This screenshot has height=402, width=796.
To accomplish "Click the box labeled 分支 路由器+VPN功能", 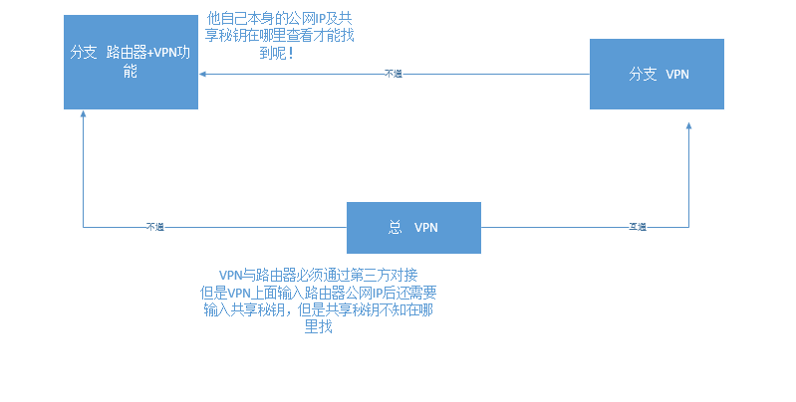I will tap(131, 62).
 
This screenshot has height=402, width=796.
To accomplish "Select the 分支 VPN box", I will tap(657, 75).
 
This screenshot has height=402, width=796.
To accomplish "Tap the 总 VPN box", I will tap(413, 227).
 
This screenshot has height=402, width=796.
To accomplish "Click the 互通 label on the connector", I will tap(638, 227).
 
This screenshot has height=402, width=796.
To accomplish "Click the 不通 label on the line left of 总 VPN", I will tap(154, 227).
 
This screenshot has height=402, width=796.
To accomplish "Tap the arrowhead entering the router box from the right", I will tap(202, 74).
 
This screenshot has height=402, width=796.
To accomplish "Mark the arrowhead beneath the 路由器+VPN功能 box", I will tap(84, 114).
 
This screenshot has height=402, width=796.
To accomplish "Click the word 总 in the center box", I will tap(394, 227).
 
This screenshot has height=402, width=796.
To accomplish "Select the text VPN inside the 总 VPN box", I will tap(425, 227).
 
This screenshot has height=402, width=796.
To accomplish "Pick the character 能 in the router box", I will tap(130, 72).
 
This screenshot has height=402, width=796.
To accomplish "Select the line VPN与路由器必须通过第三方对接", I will tap(317, 275).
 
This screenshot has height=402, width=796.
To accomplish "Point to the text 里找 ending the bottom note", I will tap(318, 326).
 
